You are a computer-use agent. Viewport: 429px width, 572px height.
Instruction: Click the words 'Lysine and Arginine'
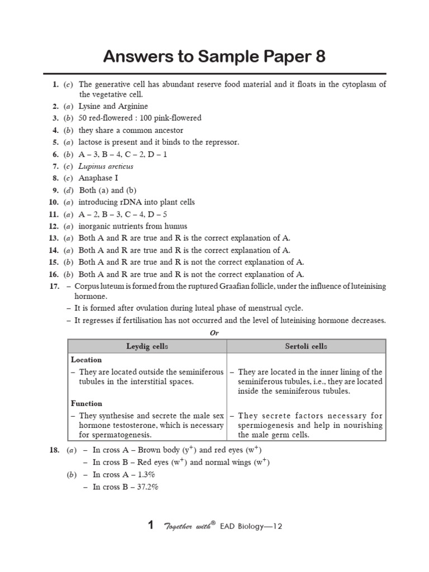[113, 106]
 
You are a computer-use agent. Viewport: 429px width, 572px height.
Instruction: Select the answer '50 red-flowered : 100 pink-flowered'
[140, 118]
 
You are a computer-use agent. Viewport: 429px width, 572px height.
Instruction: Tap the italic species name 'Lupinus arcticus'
[106, 166]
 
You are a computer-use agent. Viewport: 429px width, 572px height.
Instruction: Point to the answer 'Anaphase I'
[98, 178]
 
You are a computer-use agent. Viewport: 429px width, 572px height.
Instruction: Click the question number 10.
[54, 202]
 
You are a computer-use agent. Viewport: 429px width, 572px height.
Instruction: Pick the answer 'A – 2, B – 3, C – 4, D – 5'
[123, 214]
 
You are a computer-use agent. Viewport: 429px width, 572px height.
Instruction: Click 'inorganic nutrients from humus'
[132, 226]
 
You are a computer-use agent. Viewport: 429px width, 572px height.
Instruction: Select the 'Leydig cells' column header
[147, 346]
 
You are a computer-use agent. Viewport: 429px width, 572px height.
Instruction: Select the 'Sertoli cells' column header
[306, 346]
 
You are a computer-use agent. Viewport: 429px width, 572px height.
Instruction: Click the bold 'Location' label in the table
[86, 360]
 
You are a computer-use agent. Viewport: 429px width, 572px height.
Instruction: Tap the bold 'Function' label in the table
[87, 403]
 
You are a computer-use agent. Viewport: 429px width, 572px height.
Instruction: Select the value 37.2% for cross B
[147, 487]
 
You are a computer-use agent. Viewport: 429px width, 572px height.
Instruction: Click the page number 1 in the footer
[150, 525]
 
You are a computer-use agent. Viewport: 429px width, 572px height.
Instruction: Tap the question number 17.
[54, 287]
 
